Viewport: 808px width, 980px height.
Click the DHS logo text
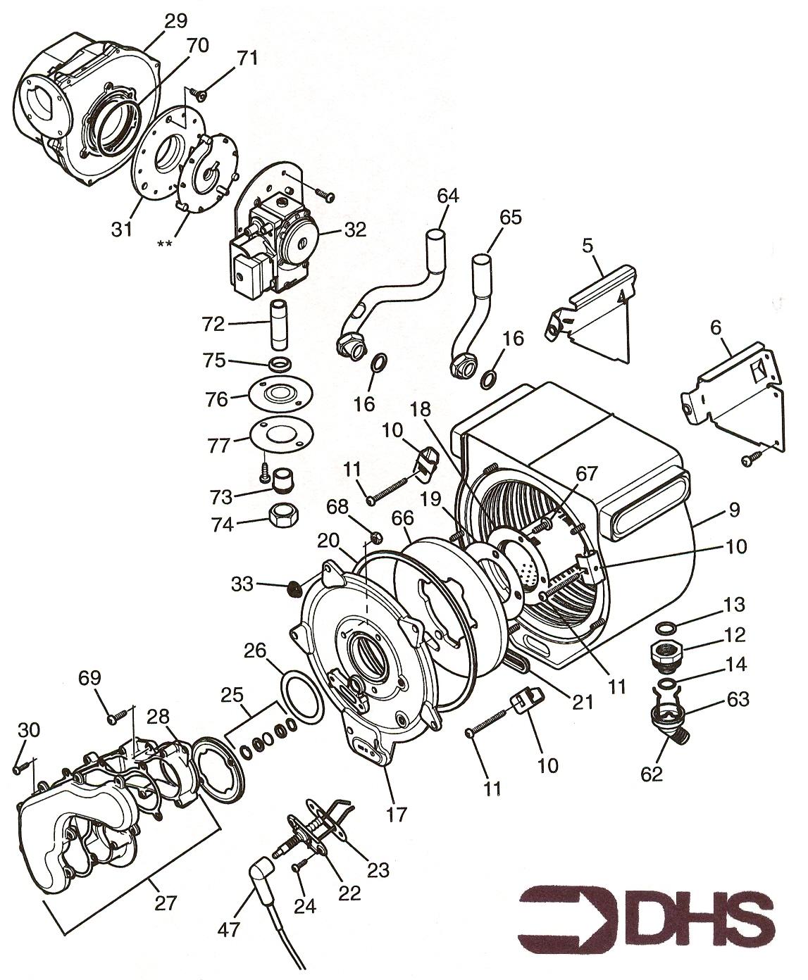tap(697, 919)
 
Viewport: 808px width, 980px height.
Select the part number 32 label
tap(356, 230)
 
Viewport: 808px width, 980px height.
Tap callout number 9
tap(734, 508)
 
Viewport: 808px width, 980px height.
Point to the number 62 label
tap(652, 773)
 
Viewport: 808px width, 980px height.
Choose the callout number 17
tap(396, 815)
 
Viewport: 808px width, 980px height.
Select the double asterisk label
tap(166, 244)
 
